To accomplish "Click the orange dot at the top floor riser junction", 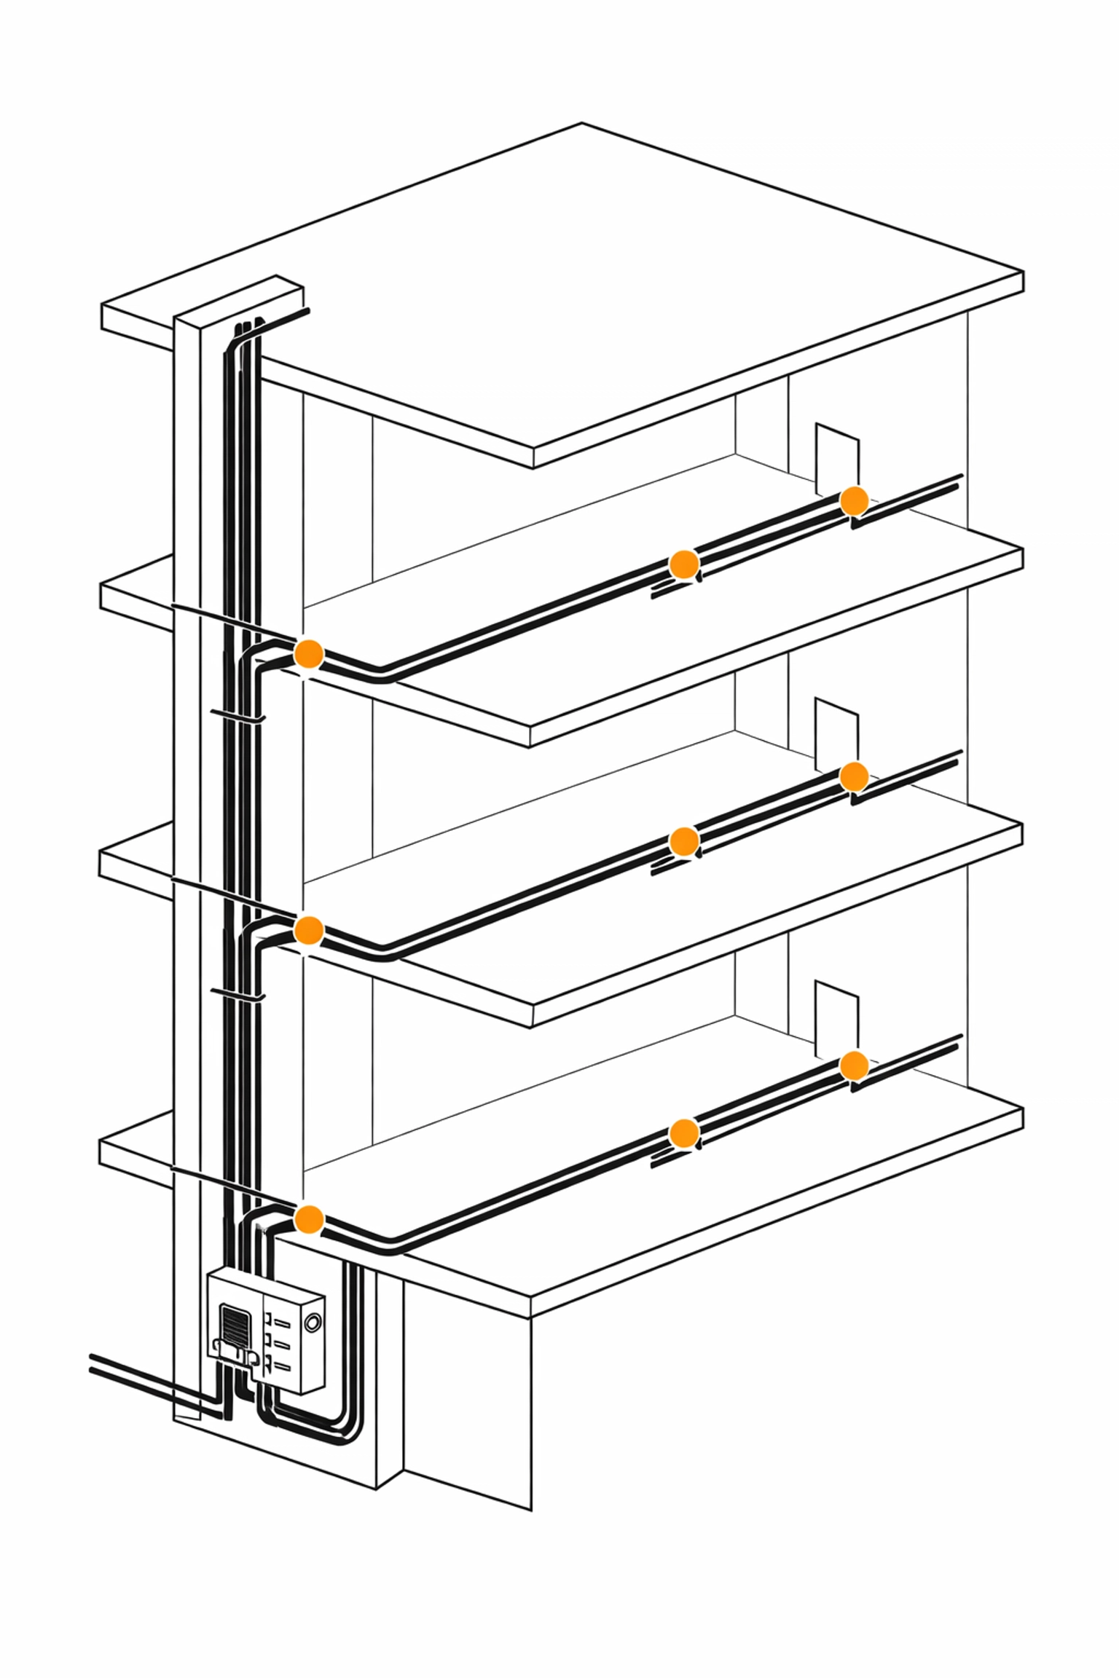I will [x=308, y=653].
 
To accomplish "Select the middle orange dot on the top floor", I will [x=683, y=564].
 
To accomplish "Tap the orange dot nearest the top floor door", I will [x=854, y=501].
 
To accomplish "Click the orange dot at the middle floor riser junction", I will [x=308, y=930].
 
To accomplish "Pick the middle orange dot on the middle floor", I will [x=683, y=841].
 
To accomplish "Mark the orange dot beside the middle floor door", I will [x=854, y=776].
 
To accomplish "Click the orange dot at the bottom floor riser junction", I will [x=308, y=1218].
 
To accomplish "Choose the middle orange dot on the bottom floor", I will [x=683, y=1133].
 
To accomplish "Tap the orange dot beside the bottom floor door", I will [x=854, y=1065].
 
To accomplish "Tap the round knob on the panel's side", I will [x=313, y=1323].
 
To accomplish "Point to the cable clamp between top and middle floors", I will [x=237, y=717].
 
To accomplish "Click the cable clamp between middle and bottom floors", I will [x=237, y=994].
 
